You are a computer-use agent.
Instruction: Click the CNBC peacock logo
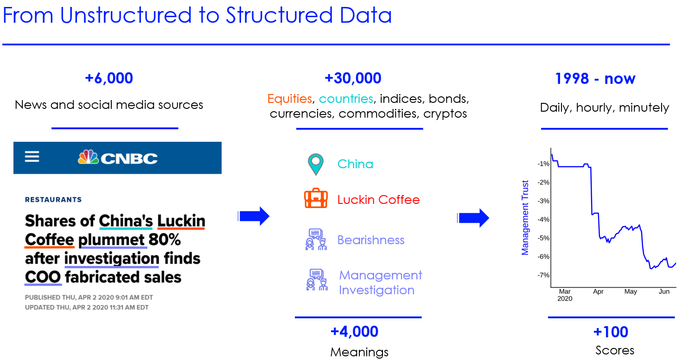pos(88,157)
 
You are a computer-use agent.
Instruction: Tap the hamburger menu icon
pos(32,157)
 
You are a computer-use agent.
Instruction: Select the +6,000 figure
pos(109,78)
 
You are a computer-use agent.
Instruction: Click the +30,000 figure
pos(353,78)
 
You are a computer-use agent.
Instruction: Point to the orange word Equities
pos(290,99)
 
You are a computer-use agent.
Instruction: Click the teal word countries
pos(346,99)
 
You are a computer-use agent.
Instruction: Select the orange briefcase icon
pos(316,198)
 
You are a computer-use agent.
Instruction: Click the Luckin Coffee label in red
pos(378,200)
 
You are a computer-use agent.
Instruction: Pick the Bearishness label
pos(371,240)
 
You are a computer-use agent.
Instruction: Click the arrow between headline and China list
pos(254,216)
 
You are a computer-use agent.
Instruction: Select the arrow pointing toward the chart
pos(473,218)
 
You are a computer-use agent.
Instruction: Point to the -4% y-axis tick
pos(543,220)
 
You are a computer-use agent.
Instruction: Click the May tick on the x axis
pos(631,291)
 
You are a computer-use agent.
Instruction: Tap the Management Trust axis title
pos(525,218)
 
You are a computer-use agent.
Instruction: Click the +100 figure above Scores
pos(611,332)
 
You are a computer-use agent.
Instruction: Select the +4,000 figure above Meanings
pos(354,332)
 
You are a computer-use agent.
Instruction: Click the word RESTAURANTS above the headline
pos(53,200)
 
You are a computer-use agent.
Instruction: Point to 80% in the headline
pos(165,240)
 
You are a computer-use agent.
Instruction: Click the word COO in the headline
pos(43,277)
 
